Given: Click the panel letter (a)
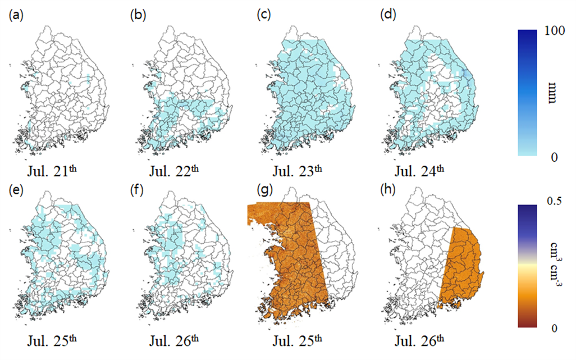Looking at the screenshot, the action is [16, 15].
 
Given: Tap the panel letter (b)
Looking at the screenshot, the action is [138, 15].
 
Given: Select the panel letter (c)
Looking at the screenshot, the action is [264, 15].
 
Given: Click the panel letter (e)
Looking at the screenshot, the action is [16, 190].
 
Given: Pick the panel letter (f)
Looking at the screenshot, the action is [137, 190].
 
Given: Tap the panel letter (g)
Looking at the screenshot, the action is [264, 190].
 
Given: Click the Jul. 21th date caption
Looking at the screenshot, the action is [52, 171].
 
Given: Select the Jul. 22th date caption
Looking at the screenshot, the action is [174, 171].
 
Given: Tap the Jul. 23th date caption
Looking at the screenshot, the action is [297, 171].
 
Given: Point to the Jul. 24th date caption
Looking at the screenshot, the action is [419, 171].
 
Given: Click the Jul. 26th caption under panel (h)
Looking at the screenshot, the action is [419, 340].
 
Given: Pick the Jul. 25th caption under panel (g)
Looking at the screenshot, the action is [297, 340].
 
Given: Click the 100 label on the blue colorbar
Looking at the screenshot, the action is [555, 31].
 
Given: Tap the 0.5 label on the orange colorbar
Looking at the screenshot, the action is [554, 201].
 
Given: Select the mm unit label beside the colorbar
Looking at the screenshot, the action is [552, 93].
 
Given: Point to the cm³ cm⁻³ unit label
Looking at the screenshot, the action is [554, 260].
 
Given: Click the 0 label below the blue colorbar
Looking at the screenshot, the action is [554, 157].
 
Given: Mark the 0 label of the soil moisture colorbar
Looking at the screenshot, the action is [554, 328].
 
